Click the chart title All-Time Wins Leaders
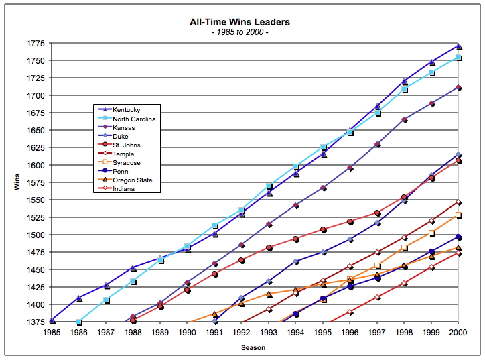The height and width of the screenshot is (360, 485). (240, 22)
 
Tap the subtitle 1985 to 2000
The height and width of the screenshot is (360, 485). (240, 32)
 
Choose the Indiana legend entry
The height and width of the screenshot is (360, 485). (125, 189)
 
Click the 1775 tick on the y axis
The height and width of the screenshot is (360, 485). (36, 44)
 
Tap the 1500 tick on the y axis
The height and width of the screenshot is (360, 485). (36, 235)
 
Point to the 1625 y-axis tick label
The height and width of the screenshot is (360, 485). (36, 148)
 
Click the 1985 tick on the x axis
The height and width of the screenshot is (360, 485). (52, 332)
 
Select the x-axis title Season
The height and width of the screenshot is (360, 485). (254, 347)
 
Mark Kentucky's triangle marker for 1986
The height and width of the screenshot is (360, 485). (79, 298)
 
